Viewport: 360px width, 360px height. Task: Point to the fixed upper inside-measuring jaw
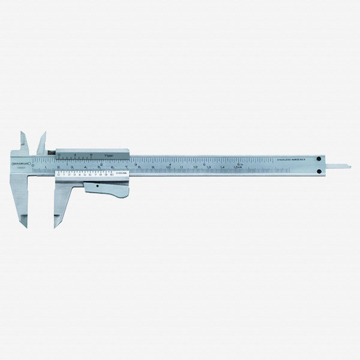tap(22, 142)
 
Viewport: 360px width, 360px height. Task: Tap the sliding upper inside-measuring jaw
tap(41, 142)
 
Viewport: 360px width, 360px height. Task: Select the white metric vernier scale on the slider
tap(87, 175)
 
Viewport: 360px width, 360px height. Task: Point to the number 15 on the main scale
tap(237, 167)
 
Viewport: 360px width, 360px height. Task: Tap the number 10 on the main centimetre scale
tap(169, 167)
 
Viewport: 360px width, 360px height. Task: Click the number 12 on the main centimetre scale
tap(196, 167)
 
